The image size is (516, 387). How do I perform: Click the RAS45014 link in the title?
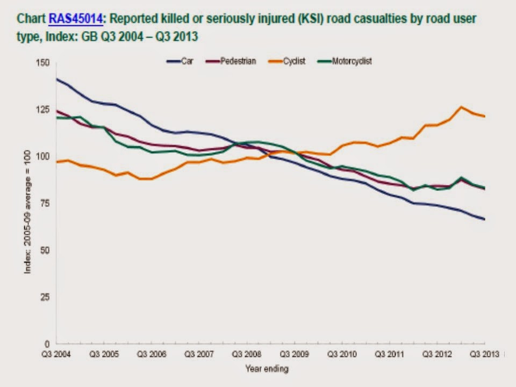pyautogui.click(x=75, y=19)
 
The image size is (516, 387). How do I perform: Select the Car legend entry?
pyautogui.click(x=187, y=61)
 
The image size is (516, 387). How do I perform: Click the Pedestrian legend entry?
pyautogui.click(x=238, y=61)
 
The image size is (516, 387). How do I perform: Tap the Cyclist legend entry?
pyautogui.click(x=294, y=61)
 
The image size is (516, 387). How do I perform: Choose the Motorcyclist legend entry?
pyautogui.click(x=352, y=61)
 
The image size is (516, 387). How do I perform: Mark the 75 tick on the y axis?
pyautogui.click(x=45, y=203)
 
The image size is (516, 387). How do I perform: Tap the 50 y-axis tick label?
pyautogui.click(x=45, y=250)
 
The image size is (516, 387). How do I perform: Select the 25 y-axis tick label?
pyautogui.click(x=45, y=297)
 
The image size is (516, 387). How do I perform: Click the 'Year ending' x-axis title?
pyautogui.click(x=267, y=369)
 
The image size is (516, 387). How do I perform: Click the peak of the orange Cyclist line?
pyautogui.click(x=461, y=107)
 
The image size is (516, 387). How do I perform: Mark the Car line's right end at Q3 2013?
pyautogui.click(x=484, y=219)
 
